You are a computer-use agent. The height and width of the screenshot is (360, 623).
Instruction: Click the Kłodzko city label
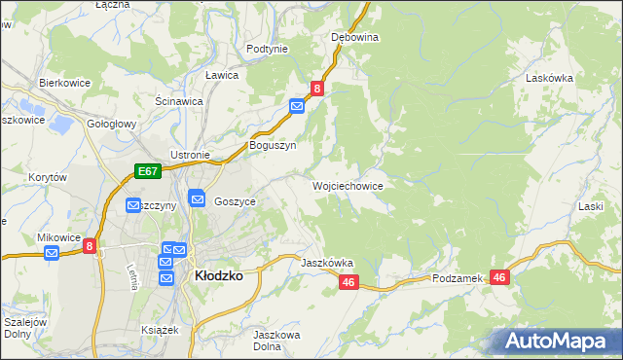point(219,275)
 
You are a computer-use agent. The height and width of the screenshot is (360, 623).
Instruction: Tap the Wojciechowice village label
point(348,185)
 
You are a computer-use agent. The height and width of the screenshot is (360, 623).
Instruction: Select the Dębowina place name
point(354,37)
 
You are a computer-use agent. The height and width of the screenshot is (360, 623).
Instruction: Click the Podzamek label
point(458,278)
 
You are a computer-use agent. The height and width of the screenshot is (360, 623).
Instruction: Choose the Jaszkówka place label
point(327,263)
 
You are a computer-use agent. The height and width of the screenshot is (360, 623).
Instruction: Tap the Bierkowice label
point(65,83)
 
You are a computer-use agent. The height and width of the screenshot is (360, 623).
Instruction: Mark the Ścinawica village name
point(178,100)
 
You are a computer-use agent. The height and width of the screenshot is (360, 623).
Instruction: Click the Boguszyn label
point(273,145)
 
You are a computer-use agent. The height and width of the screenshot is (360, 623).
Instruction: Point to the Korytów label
point(47,178)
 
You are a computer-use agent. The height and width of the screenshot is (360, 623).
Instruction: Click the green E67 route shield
point(147,172)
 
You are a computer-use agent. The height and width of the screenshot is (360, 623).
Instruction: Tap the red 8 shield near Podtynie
point(317,89)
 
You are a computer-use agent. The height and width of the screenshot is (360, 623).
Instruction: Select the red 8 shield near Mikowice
point(90,247)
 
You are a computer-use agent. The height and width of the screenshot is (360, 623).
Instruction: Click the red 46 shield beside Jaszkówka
point(350,282)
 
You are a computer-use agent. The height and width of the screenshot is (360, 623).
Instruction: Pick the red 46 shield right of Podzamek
point(500,277)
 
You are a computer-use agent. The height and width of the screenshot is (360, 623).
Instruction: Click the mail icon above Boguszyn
point(297,106)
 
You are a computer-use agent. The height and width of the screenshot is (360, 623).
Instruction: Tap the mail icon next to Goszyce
point(197,198)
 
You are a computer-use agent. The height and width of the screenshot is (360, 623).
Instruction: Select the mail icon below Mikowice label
point(53,254)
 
